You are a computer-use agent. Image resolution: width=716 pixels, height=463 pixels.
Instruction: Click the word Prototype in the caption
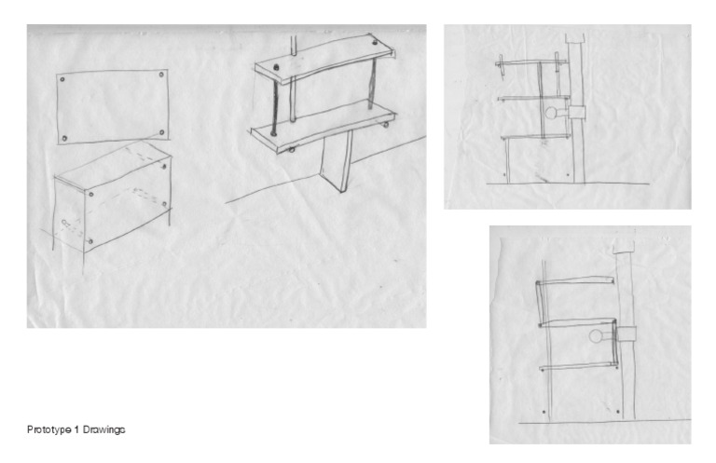click(x=48, y=429)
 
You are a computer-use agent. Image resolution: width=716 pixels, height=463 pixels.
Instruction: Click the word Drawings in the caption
click(x=103, y=429)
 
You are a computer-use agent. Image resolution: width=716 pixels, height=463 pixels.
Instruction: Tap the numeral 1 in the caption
click(x=76, y=429)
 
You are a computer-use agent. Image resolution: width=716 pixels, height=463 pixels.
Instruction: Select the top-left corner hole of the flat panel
click(x=62, y=79)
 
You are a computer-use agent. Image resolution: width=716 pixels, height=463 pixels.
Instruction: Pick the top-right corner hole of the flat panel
click(x=161, y=75)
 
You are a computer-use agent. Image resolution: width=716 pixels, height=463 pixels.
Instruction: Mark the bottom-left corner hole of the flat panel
click(x=64, y=138)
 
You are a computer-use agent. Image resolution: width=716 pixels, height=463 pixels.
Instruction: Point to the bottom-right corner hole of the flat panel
click(x=162, y=132)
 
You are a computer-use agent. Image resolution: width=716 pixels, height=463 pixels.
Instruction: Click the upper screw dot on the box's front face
click(x=91, y=195)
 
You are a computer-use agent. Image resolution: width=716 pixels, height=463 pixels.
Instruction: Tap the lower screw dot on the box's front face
click(x=89, y=241)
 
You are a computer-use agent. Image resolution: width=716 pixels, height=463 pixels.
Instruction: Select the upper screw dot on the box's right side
click(x=164, y=167)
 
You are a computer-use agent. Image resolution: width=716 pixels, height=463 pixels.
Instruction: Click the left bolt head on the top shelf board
click(x=276, y=67)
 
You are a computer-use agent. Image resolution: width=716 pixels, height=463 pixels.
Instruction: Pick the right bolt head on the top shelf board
click(x=375, y=43)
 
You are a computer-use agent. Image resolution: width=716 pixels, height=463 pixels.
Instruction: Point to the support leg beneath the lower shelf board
click(x=337, y=160)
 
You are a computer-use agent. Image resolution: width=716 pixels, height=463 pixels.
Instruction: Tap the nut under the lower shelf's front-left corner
click(x=291, y=149)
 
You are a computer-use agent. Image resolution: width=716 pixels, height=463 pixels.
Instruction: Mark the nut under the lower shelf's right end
click(x=386, y=125)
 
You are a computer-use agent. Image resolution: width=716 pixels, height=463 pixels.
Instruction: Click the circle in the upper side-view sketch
click(x=551, y=112)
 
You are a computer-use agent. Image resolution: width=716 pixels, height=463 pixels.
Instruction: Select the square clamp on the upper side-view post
click(x=577, y=112)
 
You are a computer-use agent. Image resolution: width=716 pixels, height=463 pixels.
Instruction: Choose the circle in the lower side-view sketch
click(x=596, y=336)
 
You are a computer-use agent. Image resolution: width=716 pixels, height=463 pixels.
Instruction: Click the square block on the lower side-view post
click(x=626, y=334)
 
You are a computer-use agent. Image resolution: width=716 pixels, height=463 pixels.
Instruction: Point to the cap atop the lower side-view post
click(x=624, y=246)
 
